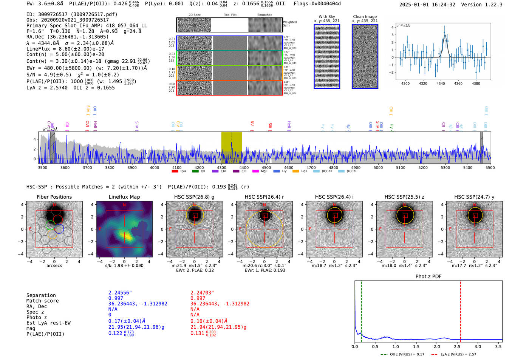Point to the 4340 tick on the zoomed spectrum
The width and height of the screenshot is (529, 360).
point(441,83)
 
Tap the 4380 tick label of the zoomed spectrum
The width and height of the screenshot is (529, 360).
point(476,83)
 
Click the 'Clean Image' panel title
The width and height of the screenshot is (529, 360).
point(365,17)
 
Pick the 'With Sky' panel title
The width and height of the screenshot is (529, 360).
point(326,17)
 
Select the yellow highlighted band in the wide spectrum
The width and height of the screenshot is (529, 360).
point(231,147)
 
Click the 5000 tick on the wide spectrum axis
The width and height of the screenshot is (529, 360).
point(378,167)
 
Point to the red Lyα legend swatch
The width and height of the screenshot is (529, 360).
point(175,172)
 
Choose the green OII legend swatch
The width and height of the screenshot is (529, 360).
point(195,172)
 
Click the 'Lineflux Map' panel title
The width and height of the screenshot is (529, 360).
point(124,197)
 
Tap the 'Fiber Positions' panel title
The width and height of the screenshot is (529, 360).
point(54,197)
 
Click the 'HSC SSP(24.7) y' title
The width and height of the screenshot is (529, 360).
point(474,197)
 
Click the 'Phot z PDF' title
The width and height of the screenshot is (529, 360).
point(428,277)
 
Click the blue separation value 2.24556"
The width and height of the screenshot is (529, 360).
point(120,293)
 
